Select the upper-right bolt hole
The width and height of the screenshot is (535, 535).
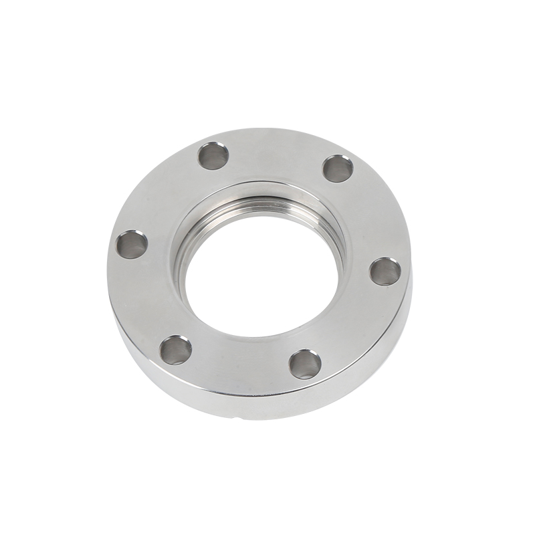(338, 167)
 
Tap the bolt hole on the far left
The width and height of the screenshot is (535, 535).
(132, 245)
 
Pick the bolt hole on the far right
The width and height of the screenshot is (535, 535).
(385, 271)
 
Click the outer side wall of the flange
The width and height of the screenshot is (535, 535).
(201, 395)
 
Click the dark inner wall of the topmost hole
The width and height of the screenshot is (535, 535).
(209, 153)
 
